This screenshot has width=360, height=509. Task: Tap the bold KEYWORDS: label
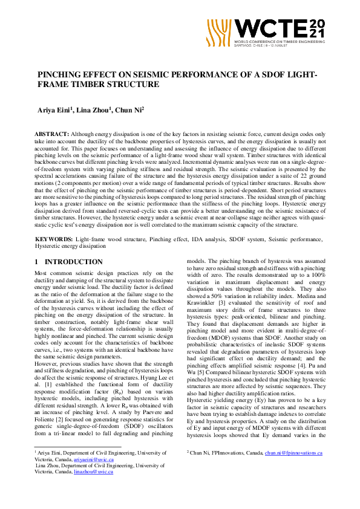54,240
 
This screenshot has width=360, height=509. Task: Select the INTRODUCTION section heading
73,262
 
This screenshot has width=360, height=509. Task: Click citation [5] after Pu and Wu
198,372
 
